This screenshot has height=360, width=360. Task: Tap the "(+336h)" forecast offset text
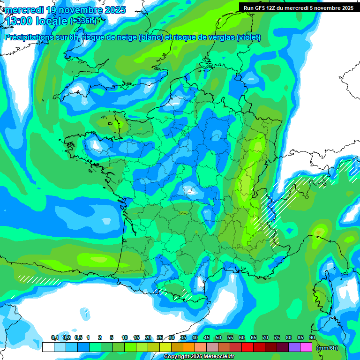tap(83, 21)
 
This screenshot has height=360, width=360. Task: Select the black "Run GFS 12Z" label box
tap(298, 7)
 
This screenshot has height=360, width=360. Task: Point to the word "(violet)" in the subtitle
tap(248, 37)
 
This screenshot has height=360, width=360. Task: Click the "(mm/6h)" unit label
tap(327, 348)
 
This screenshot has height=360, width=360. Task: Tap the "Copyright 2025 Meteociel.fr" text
tap(199, 357)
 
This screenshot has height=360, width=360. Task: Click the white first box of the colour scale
tap(48, 347)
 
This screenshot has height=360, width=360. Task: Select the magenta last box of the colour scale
tap(306, 347)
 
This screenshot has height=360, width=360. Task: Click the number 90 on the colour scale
tap(312, 338)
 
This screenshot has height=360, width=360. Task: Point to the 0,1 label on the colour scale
tap(54, 338)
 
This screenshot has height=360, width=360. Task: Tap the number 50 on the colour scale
tap(218, 338)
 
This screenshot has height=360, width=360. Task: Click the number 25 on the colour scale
tap(160, 338)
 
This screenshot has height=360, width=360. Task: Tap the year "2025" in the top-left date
tap(112, 9)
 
